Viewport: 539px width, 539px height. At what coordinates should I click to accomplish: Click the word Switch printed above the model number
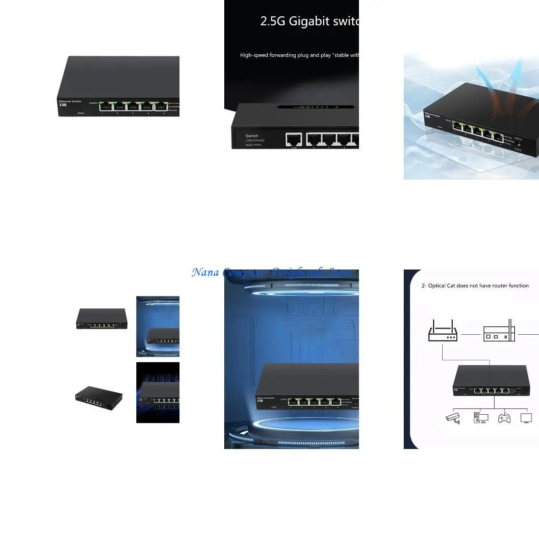point(252,136)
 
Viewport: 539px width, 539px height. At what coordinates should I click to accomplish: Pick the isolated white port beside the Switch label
point(294,139)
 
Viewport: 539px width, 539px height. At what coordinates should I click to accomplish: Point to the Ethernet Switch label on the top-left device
point(69,101)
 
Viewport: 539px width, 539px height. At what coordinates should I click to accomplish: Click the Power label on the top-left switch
point(81,113)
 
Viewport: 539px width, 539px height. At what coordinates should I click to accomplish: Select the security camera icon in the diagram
point(453,418)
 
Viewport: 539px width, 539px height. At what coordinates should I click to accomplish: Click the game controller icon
point(504,418)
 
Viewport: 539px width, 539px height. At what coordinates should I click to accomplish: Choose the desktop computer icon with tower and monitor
point(481,418)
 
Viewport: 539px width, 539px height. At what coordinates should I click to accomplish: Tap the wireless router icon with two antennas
point(443,332)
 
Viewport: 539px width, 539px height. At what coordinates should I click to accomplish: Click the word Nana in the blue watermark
point(205,273)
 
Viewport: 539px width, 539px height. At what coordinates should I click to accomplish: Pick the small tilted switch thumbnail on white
point(99,397)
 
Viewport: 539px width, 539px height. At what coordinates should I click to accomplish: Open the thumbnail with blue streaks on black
point(158,392)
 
